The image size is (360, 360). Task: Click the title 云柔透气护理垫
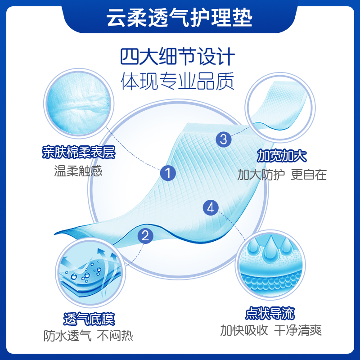180,18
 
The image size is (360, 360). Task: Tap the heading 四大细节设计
177,58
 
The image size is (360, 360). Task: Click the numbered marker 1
168,172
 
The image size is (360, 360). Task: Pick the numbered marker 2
145,235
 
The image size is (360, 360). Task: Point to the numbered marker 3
224,139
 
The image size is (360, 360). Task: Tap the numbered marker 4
211,207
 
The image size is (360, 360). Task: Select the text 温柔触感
78,171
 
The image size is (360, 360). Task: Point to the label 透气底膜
89,319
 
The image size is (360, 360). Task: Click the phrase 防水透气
67,336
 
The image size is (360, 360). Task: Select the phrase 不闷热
115,336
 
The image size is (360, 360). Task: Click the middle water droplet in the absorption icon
270,249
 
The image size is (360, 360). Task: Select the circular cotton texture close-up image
78,103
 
